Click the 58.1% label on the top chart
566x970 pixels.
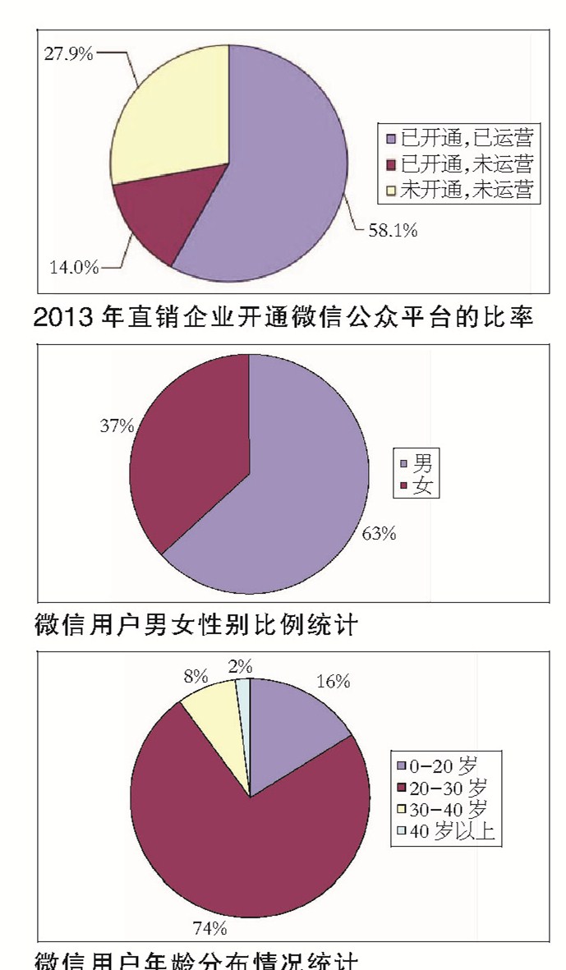[393, 231]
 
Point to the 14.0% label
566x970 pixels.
[71, 267]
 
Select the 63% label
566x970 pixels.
[380, 535]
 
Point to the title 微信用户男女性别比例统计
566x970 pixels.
[196, 626]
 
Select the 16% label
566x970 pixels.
[333, 682]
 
